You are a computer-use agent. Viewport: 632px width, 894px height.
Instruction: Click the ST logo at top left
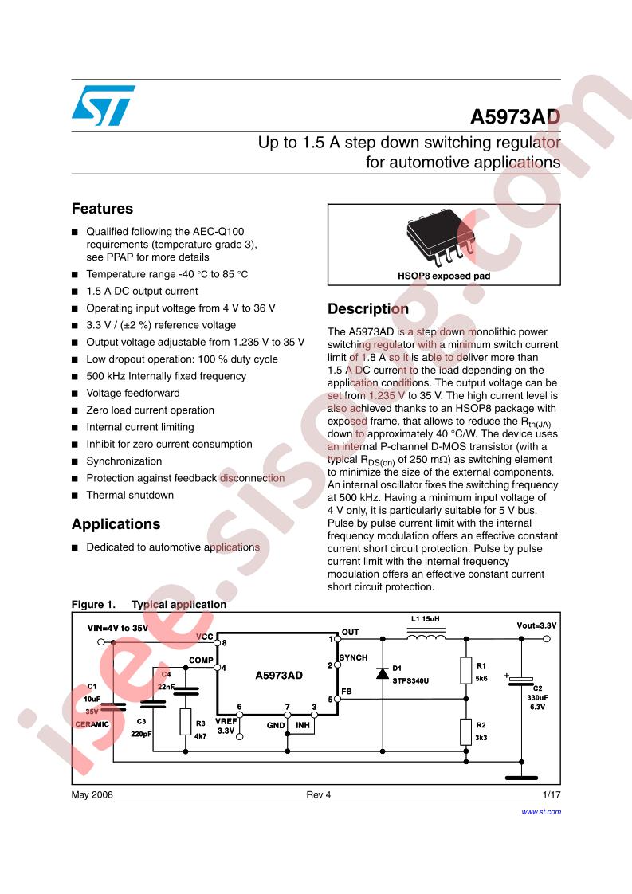103,105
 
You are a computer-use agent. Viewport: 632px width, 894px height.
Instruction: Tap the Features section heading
102,209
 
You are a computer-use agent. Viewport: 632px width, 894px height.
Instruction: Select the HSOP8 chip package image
443,235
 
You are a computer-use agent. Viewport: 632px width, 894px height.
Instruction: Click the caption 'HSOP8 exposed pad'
444,276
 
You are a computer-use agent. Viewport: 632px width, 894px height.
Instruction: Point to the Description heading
368,309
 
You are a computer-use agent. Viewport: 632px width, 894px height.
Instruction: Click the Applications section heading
116,524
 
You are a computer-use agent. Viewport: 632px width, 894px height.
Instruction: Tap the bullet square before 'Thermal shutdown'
75,496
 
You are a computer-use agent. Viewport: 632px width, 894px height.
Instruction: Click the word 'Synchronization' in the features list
124,461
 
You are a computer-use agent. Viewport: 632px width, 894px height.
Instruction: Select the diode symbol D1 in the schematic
383,673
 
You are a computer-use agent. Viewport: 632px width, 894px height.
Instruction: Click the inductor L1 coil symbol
426,637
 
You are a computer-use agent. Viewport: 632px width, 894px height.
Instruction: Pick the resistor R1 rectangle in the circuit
466,671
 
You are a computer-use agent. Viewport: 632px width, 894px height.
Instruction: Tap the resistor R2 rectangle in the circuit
466,731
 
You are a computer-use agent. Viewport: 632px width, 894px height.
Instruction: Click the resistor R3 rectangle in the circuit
185,722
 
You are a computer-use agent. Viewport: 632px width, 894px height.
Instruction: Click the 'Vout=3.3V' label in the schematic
536,625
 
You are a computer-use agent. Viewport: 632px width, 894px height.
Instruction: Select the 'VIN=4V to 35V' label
118,628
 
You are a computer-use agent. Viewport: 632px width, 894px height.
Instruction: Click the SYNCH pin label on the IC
353,658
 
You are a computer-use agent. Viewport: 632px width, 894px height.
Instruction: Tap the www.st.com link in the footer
541,811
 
